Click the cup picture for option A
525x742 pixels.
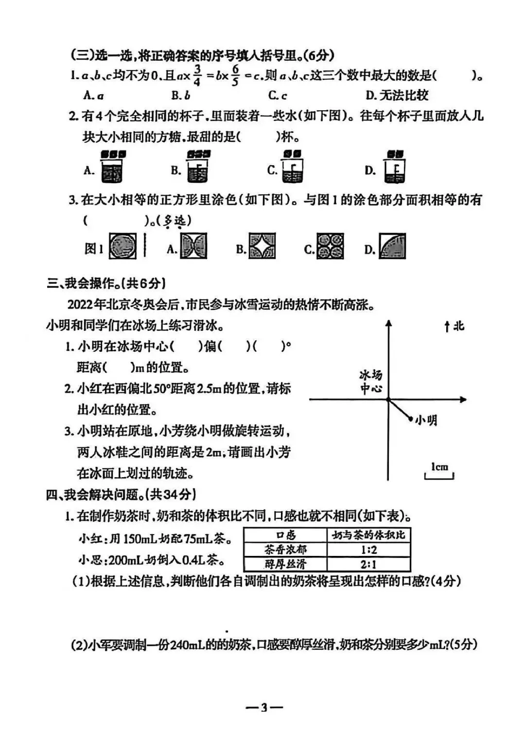click(112, 168)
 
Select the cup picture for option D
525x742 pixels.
click(394, 168)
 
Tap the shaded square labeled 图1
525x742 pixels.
click(122, 246)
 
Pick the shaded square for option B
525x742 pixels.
click(262, 246)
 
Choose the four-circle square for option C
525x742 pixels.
click(330, 246)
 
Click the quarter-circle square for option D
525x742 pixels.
click(392, 246)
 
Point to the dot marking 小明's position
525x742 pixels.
click(411, 418)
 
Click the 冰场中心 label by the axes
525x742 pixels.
click(371, 382)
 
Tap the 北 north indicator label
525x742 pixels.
click(458, 327)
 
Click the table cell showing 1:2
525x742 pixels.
click(368, 550)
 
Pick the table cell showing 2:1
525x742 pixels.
click(368, 564)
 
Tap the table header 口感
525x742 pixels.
click(285, 535)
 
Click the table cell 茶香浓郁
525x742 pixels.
click(285, 550)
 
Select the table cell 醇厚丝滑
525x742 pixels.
click(285, 564)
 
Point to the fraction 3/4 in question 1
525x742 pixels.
click(197, 75)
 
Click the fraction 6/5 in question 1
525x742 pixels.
click(235, 75)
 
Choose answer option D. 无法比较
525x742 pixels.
click(397, 95)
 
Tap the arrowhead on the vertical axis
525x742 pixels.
click(388, 324)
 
